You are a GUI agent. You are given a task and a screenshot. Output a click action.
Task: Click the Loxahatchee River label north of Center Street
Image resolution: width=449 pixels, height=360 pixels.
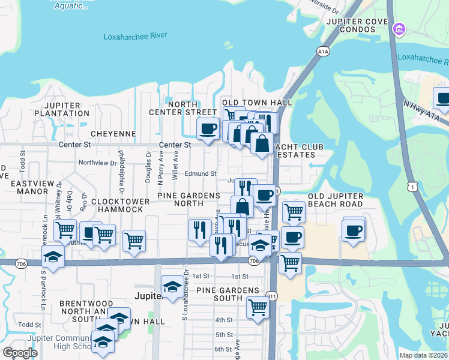click(x=135, y=36)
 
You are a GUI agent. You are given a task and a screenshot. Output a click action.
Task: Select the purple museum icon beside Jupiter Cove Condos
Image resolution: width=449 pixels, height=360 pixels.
click(x=398, y=28)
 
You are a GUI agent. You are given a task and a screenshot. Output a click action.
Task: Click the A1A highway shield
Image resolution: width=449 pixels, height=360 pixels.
click(x=324, y=52)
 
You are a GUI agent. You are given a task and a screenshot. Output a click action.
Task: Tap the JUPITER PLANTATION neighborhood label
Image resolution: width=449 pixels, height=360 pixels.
click(x=62, y=109)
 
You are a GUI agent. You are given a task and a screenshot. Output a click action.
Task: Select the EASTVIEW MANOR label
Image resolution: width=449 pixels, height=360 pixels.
click(x=24, y=187)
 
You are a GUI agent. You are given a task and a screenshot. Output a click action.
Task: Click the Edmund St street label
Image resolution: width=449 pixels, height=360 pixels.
click(x=200, y=174)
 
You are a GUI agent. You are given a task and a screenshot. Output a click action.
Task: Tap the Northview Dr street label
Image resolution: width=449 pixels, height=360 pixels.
click(x=97, y=163)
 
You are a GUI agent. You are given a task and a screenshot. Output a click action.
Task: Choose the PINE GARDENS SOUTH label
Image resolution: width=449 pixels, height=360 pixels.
click(x=229, y=294)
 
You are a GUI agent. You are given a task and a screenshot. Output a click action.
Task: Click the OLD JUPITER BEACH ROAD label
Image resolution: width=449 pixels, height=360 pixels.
click(x=336, y=200)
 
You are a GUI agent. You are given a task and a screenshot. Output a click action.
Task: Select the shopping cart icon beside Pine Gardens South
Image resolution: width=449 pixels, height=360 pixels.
click(x=258, y=307)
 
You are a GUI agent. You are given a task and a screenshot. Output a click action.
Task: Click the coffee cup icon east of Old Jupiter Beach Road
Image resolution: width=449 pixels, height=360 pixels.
click(x=354, y=229)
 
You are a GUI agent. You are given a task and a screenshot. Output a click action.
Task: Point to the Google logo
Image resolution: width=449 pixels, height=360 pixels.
click(x=20, y=353)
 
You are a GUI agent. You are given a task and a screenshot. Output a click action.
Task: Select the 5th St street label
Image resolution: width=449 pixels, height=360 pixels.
click(x=224, y=334)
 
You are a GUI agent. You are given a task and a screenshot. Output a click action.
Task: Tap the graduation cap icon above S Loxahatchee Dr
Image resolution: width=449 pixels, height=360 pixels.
click(x=172, y=286)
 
